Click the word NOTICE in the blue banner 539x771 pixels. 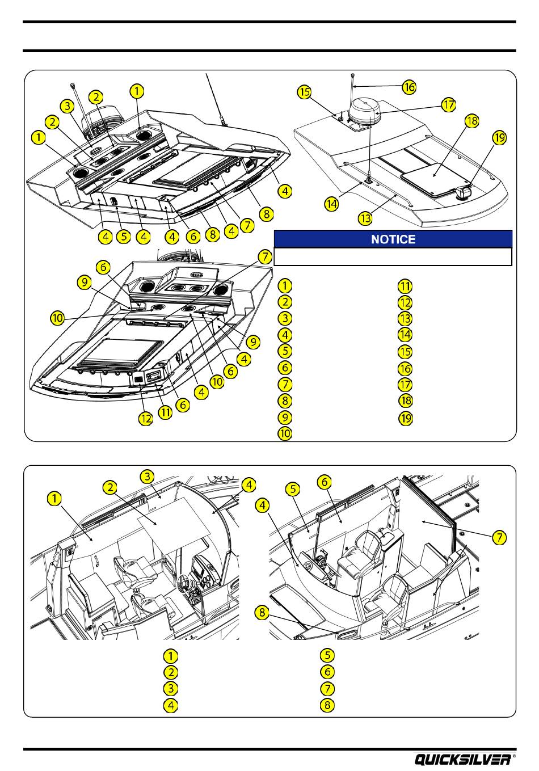pos(393,239)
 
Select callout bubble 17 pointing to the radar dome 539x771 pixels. pos(449,105)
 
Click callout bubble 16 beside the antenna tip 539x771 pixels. pos(409,87)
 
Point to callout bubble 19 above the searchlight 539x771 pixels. pos(499,138)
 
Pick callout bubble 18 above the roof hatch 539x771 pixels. pos(471,121)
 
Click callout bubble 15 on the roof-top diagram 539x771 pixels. pos(305,92)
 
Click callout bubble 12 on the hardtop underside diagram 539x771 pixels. pos(146,420)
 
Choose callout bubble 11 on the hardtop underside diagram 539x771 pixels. pos(165,412)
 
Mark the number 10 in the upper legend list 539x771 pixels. pos(285,434)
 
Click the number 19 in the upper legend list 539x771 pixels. pos(405,418)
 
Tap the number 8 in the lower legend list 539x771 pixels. pos(328,706)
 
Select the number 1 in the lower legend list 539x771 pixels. pos(170,656)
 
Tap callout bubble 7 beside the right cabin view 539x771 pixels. pos(499,538)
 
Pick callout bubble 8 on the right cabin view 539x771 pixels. pos(262,612)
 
